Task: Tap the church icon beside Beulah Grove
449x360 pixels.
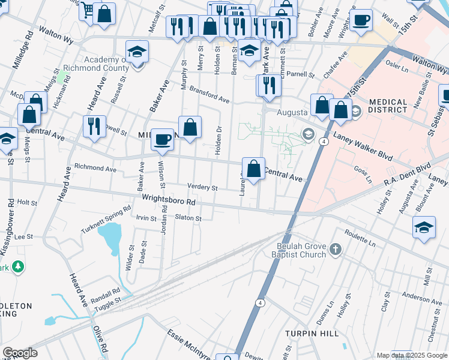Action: [336, 249]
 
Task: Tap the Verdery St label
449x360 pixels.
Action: [202, 187]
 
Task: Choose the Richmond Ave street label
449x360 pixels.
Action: [95, 169]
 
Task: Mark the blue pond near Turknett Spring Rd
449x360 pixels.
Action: [109, 238]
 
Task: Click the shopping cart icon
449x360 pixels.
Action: [88, 10]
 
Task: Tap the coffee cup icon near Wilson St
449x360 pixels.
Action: [161, 139]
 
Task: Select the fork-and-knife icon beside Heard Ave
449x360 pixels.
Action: [94, 127]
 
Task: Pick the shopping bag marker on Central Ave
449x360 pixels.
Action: [254, 168]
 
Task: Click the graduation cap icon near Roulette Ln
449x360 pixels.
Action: [424, 228]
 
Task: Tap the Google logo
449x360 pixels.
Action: [20, 353]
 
